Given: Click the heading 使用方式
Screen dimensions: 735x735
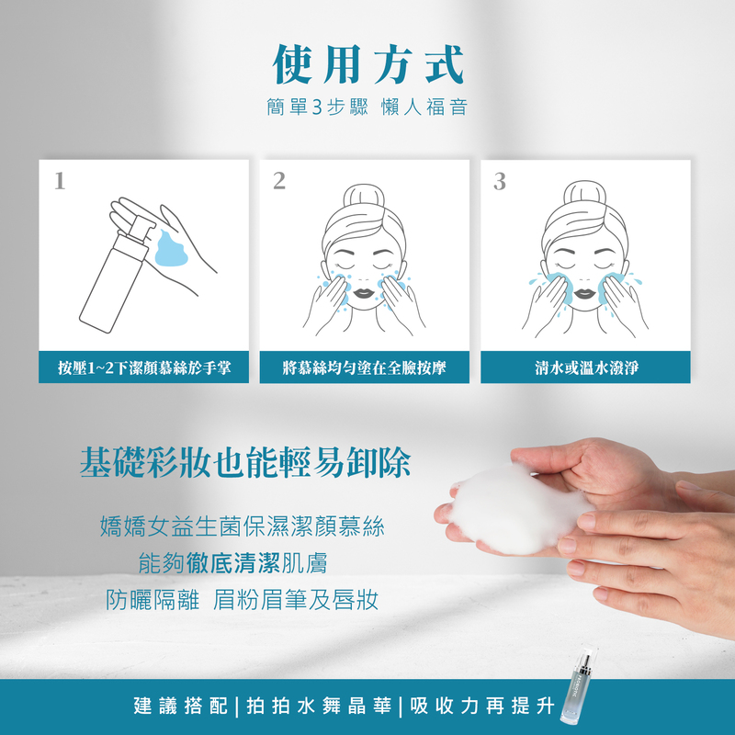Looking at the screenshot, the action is [x=368, y=64].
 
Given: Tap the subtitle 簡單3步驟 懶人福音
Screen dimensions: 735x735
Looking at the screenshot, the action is [x=367, y=107].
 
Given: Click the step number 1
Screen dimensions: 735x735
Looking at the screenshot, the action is [x=60, y=181].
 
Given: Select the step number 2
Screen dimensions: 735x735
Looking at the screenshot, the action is [x=279, y=181].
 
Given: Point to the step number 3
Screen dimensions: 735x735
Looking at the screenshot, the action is [x=500, y=181].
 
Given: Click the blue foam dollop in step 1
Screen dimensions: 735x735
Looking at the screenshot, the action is [x=171, y=248].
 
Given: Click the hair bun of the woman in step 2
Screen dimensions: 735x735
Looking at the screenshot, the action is [x=364, y=197].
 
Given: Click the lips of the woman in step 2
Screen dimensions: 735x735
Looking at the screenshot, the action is [x=364, y=293].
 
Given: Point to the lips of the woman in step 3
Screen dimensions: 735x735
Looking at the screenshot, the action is [x=584, y=293].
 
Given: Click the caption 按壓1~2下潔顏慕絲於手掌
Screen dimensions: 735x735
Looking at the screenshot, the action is [x=144, y=367].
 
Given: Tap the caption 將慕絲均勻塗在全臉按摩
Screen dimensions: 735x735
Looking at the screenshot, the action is [x=364, y=367].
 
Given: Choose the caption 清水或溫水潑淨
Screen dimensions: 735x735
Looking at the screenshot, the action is [x=586, y=367].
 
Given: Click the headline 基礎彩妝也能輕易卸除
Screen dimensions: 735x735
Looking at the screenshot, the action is [x=245, y=462].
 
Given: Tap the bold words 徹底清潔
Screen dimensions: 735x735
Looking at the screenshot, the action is [x=233, y=563].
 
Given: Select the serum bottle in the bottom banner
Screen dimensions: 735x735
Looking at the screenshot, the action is [x=579, y=684].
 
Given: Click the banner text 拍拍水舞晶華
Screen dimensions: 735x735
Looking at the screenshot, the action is [x=319, y=706].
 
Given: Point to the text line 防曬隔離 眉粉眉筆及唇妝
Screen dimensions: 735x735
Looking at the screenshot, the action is [x=242, y=600].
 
